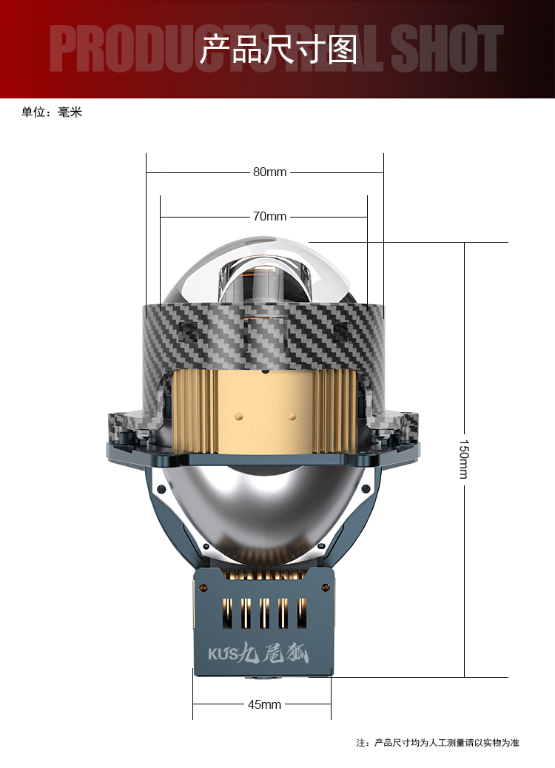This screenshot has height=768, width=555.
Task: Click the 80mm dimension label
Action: click(x=269, y=172)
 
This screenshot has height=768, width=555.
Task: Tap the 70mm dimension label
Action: click(x=269, y=216)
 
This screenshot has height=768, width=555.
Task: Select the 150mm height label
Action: click(x=463, y=459)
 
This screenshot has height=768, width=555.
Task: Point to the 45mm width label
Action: click(x=264, y=704)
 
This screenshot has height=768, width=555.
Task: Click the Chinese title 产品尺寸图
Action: click(x=279, y=49)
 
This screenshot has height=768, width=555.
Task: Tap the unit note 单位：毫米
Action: click(x=52, y=112)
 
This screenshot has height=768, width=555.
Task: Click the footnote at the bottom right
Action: click(x=437, y=743)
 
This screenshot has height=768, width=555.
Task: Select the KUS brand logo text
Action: click(x=223, y=654)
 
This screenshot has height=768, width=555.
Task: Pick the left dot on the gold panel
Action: click(x=239, y=417)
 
